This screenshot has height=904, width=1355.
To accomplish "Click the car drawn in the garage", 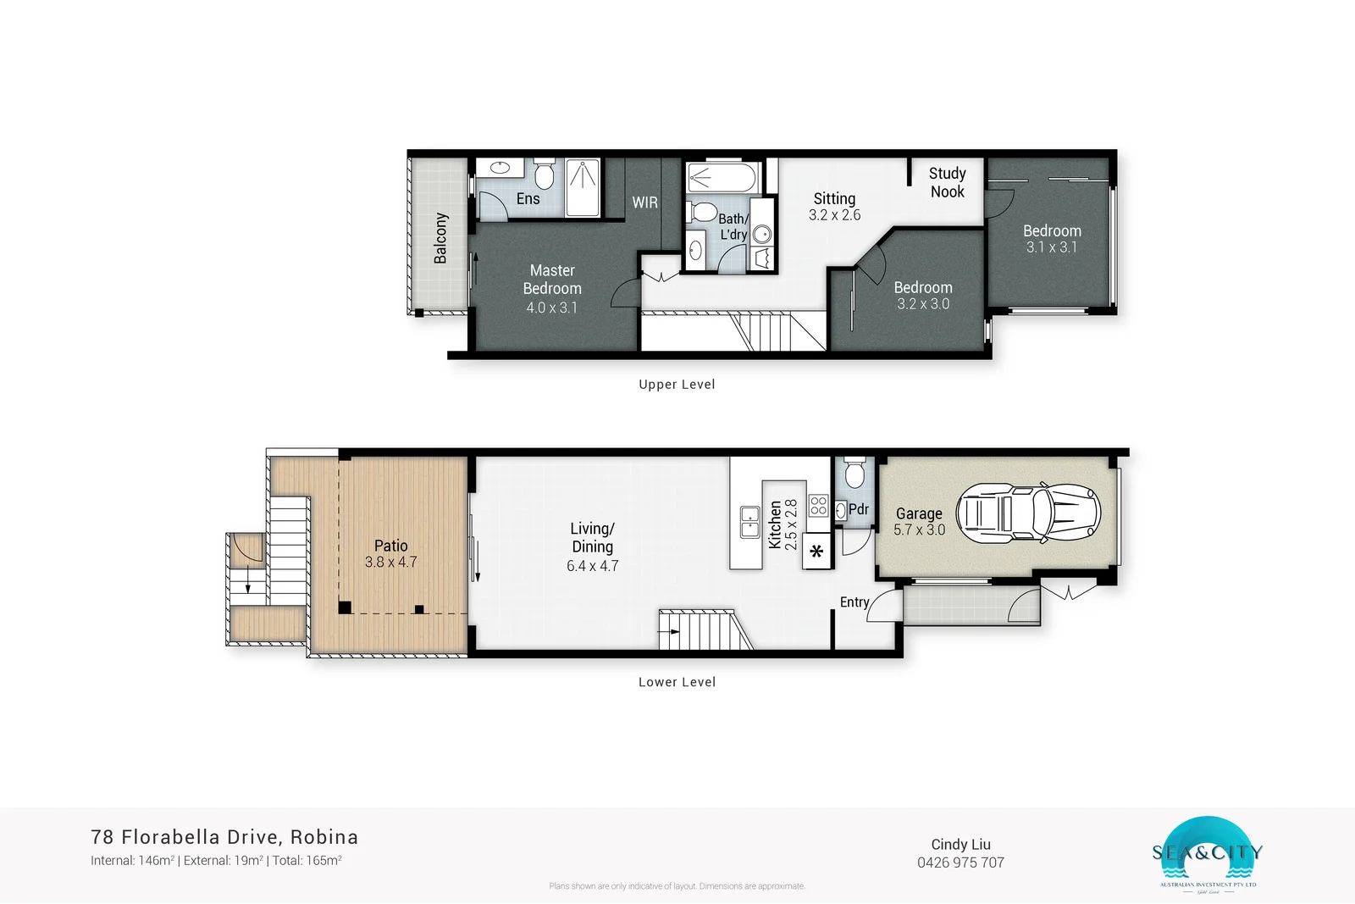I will [1028, 513].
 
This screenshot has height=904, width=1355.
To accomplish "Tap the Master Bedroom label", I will [552, 280].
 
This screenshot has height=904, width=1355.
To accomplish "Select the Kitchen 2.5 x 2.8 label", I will [783, 524].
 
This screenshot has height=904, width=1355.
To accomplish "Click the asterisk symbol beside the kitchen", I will [816, 552].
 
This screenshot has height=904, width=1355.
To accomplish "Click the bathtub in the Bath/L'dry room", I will [722, 178].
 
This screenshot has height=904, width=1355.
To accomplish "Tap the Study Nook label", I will [947, 182].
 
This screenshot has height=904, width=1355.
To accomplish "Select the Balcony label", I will [440, 238].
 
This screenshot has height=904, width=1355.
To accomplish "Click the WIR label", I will [644, 202].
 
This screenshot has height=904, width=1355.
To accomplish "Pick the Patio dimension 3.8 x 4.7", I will [390, 562].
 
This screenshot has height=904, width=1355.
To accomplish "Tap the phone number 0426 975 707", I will [960, 862].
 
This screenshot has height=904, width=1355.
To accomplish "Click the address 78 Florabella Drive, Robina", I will [224, 837].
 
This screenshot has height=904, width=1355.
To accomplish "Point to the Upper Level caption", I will [677, 384].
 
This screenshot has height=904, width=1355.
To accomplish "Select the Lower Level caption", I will [677, 682].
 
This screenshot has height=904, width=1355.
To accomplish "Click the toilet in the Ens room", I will [545, 175].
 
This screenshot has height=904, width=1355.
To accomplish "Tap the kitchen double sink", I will [749, 522].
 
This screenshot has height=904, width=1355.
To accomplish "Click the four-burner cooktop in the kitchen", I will [818, 506].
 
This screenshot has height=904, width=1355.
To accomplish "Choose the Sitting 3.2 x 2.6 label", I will [834, 207].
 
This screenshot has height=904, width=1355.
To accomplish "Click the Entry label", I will [854, 602].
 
